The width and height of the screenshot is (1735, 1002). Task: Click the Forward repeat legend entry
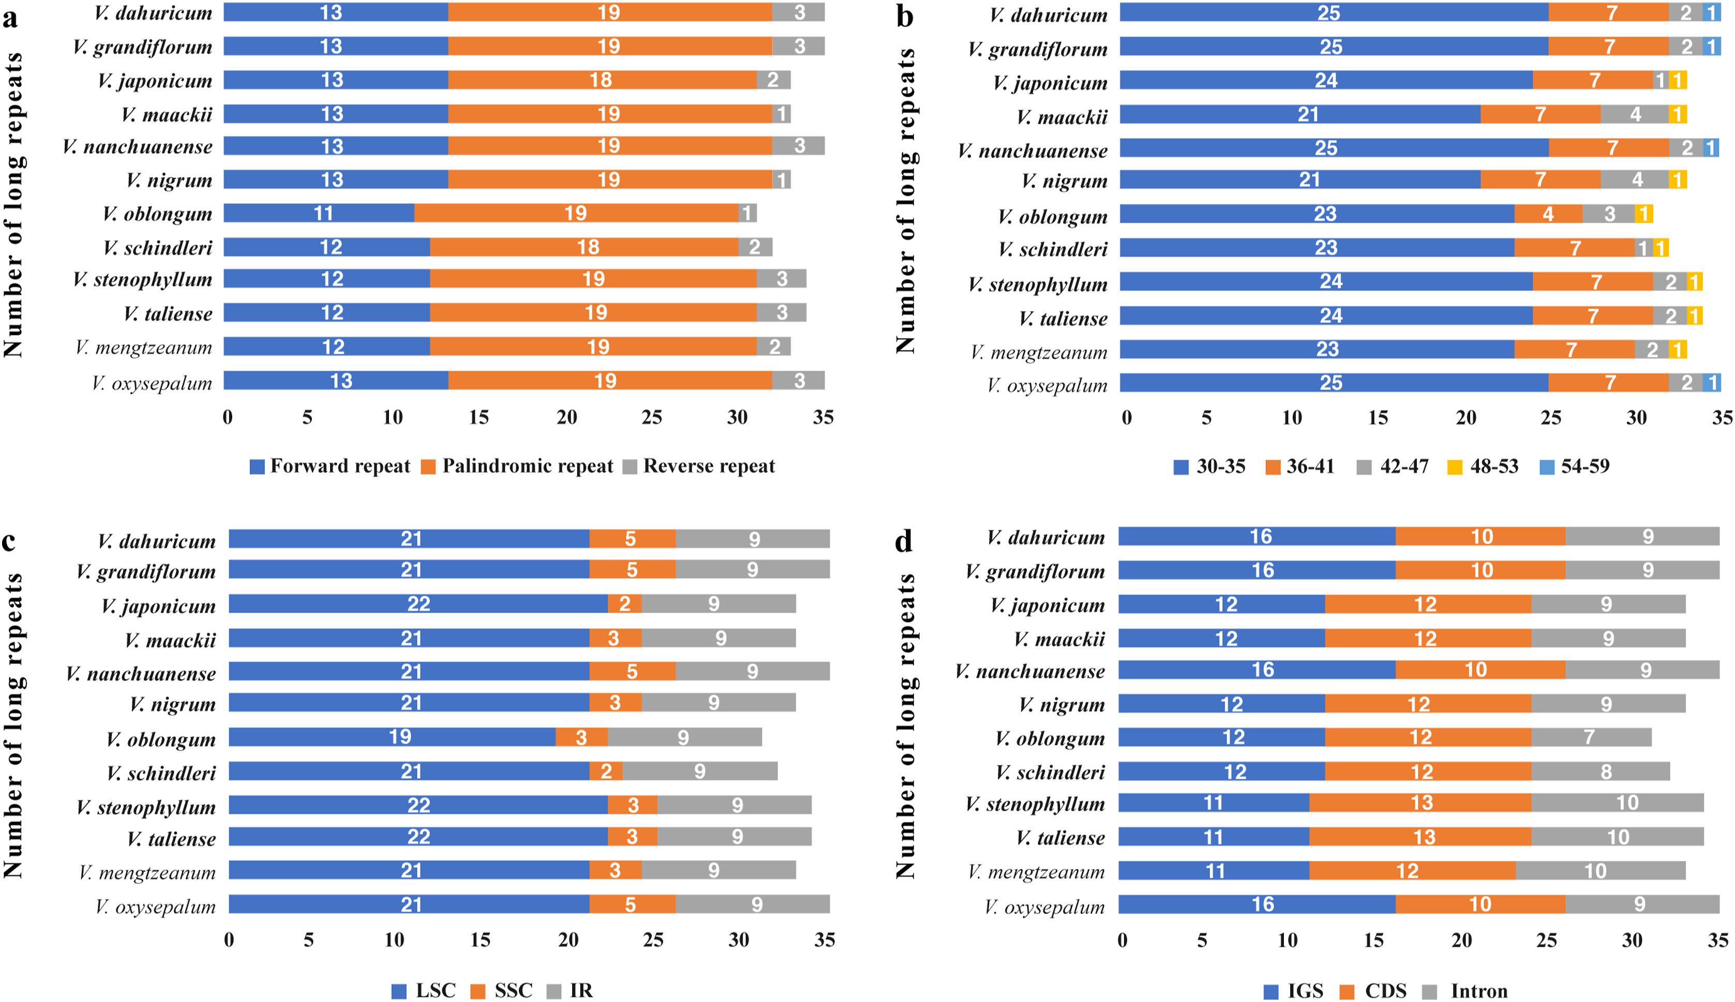pyautogui.click(x=331, y=466)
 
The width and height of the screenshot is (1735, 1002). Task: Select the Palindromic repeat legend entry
pyautogui.click(x=518, y=466)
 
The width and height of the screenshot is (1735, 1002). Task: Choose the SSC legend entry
pyautogui.click(x=503, y=990)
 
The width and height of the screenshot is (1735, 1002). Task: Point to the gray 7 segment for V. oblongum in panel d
pyautogui.click(x=1590, y=737)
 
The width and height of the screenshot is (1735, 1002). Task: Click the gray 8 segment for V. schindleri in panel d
pyautogui.click(x=1600, y=771)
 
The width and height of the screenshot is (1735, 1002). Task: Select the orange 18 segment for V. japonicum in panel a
pyautogui.click(x=602, y=80)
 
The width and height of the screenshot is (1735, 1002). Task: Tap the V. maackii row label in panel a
pyautogui.click(x=167, y=114)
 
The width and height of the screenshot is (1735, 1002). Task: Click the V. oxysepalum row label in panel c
pyautogui.click(x=156, y=906)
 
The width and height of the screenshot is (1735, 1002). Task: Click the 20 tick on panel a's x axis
pyautogui.click(x=566, y=417)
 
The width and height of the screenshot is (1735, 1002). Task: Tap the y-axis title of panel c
pyautogui.click(x=14, y=726)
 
